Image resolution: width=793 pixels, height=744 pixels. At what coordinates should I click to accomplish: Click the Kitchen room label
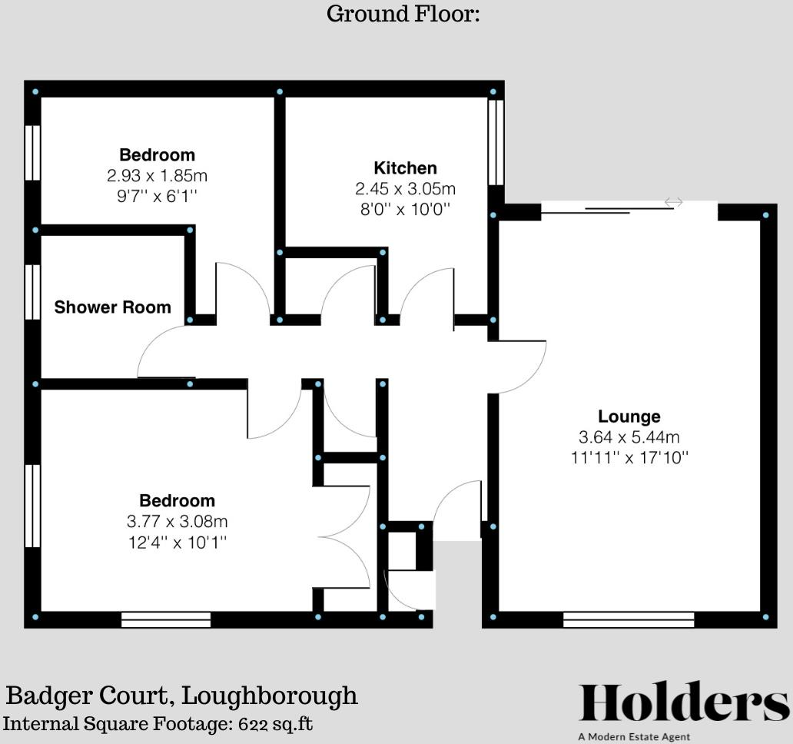(405, 168)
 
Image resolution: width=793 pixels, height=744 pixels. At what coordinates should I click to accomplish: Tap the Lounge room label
(629, 417)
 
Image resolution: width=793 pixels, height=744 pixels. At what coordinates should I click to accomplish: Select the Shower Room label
(112, 307)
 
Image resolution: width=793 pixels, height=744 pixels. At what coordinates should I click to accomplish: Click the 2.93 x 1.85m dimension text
(157, 176)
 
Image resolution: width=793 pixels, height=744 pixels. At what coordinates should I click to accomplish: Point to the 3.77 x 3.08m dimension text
(177, 522)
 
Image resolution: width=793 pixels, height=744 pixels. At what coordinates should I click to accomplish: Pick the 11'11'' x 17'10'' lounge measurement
(629, 458)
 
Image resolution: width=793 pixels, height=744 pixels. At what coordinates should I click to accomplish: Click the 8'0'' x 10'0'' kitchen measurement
(405, 208)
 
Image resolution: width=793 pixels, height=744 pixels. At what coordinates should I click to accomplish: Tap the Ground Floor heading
(403, 14)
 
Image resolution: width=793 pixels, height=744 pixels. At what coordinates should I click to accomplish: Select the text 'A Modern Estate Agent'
(634, 737)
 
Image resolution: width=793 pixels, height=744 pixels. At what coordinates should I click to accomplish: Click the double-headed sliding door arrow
(673, 202)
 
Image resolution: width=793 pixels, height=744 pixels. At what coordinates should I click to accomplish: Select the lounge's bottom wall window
(628, 619)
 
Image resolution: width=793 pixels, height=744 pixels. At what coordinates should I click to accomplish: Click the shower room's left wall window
(32, 292)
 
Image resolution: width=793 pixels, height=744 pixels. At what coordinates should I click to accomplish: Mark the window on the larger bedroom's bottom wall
(166, 619)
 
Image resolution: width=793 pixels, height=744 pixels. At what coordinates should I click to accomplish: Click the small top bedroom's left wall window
(32, 152)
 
